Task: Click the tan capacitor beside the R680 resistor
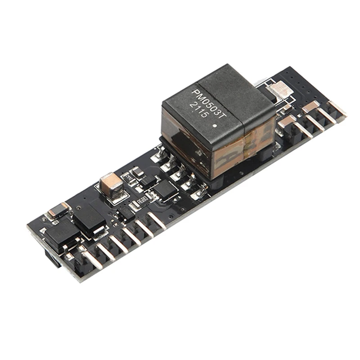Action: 111,184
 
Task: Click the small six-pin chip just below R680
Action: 126,211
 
